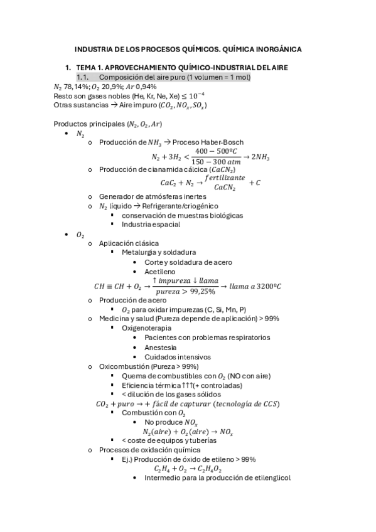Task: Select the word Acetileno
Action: click(x=161, y=271)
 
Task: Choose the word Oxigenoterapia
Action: click(x=146, y=327)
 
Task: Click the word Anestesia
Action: click(x=161, y=347)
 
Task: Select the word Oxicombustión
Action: click(x=124, y=366)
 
